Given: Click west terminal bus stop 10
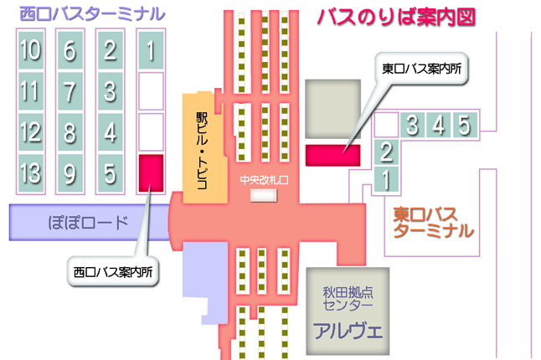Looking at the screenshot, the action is pyautogui.click(x=30, y=51).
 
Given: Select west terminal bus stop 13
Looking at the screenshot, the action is pyautogui.click(x=30, y=175).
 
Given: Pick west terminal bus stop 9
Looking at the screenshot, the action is pyautogui.click(x=70, y=175).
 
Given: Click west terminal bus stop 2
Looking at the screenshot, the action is pyautogui.click(x=111, y=51).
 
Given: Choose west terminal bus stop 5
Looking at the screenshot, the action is pyautogui.click(x=111, y=175).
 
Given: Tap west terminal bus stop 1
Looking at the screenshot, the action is pyautogui.click(x=151, y=51).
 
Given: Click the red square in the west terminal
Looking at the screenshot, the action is pyautogui.click(x=151, y=171).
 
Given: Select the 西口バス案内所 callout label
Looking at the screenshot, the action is pyautogui.click(x=115, y=271).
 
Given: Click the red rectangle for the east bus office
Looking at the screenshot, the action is pyautogui.click(x=332, y=155).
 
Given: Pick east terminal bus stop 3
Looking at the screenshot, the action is pyautogui.click(x=413, y=126).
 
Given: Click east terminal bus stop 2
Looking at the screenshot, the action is pyautogui.click(x=386, y=152).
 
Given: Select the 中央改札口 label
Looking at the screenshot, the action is pyautogui.click(x=264, y=179).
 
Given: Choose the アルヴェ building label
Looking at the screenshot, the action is pyautogui.click(x=348, y=328).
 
